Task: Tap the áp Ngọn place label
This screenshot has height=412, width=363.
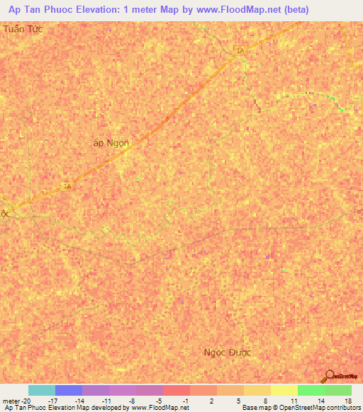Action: click(x=111, y=142)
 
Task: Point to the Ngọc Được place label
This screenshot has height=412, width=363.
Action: click(x=228, y=352)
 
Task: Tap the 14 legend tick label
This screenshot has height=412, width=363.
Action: click(x=320, y=401)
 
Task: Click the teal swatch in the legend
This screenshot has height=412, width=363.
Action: click(x=41, y=390)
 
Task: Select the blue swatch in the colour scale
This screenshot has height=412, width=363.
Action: click(x=68, y=390)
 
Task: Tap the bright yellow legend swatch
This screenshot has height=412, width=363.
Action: click(x=284, y=390)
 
